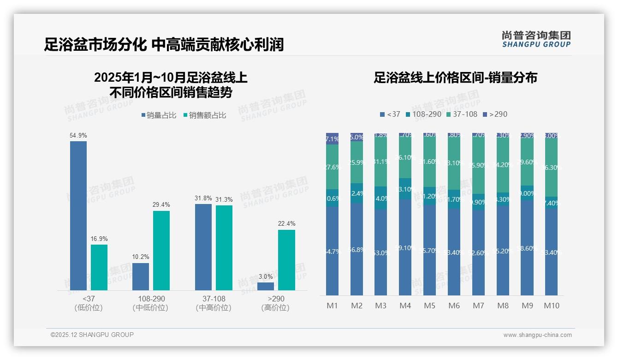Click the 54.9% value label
pos(78,136)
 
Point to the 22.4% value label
pos(286,224)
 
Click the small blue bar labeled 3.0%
pos(266,286)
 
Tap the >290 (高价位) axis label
pos(275,303)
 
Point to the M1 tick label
pos(333,306)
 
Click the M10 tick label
pos(552,306)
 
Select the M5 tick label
pos(429,306)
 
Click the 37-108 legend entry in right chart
pos(462,114)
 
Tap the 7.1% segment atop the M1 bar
pos(333,138)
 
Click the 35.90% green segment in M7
pos(478,165)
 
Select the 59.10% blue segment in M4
pos(405,247)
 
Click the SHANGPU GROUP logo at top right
pos(536,39)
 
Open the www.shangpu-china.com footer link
pos(537,335)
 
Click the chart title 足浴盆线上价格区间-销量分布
pos(455,78)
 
